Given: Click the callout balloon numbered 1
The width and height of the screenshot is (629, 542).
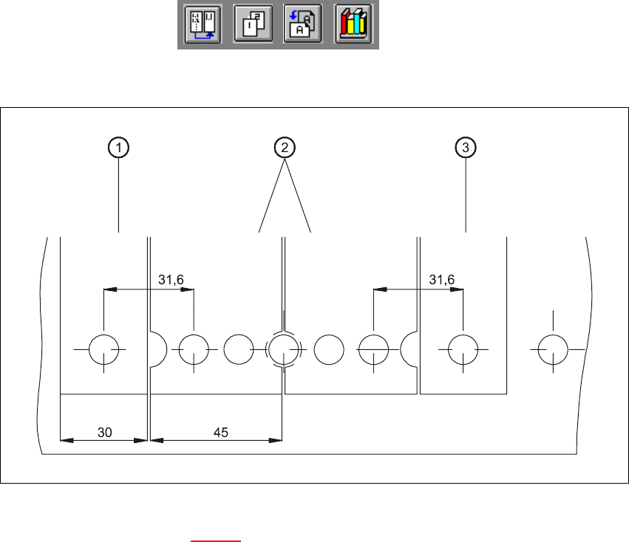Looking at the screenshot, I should coord(118,148).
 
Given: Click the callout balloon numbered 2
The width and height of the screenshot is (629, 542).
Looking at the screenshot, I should coord(284,148).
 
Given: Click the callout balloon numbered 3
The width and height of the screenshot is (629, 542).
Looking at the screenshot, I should coord(465,148).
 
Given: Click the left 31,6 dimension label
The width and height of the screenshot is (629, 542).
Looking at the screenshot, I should coord(171,279).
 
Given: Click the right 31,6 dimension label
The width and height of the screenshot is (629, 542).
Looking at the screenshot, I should coord(442,279).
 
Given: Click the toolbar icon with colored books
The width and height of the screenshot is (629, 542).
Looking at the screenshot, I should coord(353,25).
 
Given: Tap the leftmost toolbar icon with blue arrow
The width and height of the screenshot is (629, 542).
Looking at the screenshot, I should coord(202,25).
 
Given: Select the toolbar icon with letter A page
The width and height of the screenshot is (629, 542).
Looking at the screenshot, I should coord(302,25).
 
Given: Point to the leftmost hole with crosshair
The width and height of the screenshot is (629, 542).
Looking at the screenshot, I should coord(104,349).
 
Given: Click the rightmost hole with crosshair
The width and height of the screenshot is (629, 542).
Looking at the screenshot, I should coord(553,349).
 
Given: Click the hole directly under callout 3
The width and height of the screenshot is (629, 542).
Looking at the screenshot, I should coord(463,349).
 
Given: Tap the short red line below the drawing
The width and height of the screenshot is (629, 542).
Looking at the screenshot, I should coord(216,541).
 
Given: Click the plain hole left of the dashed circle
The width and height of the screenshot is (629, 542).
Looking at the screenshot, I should coord(239,349).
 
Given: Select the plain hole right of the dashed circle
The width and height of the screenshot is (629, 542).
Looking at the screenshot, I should coord(329,349).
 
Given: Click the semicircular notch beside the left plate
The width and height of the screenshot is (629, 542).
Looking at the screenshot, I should coord(157,349).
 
